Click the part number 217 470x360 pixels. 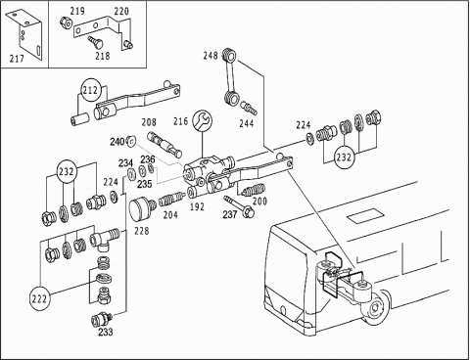[17, 59]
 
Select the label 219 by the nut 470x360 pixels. [77, 11]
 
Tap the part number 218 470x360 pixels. [103, 56]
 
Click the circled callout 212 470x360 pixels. [90, 90]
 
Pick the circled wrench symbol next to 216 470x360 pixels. [203, 121]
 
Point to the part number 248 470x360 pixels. [211, 56]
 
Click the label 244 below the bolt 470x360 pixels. [247, 123]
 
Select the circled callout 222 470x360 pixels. [40, 298]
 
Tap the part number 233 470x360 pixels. [106, 332]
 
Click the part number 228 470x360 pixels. [141, 231]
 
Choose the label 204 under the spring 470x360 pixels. [170, 215]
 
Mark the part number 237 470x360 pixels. [230, 214]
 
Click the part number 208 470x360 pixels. [149, 122]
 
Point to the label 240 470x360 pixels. [117, 142]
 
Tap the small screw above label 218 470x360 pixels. [95, 41]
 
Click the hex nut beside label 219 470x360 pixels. [65, 22]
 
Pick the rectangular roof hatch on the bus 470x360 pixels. [363, 215]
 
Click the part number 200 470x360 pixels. [259, 202]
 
